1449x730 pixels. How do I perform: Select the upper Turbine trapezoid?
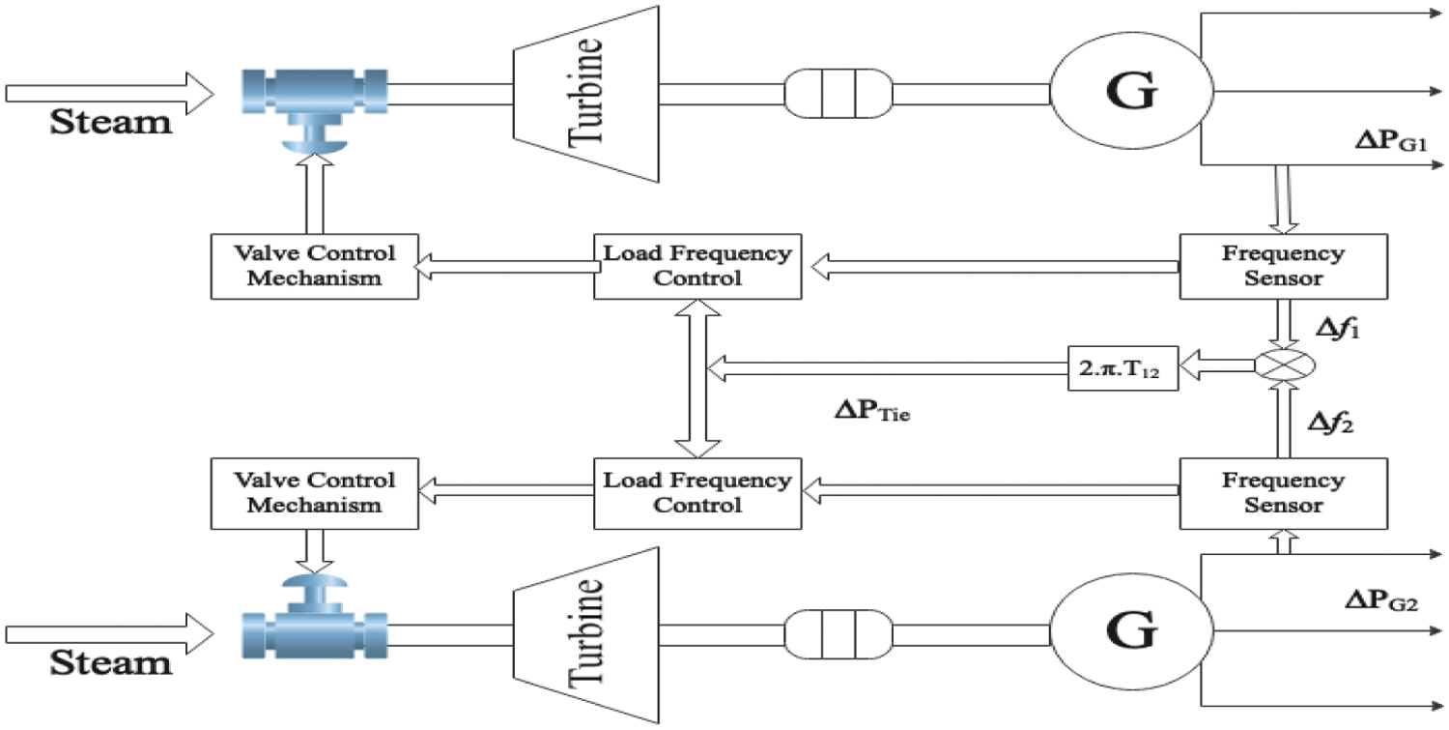pyautogui.click(x=586, y=94)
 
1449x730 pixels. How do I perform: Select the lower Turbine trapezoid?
pyautogui.click(x=586, y=635)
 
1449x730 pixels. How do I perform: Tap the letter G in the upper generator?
pyautogui.click(x=1131, y=91)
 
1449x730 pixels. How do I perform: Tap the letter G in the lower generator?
pyautogui.click(x=1131, y=630)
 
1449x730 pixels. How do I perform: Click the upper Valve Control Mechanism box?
pyautogui.click(x=314, y=266)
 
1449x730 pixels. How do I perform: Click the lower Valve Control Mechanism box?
pyautogui.click(x=314, y=493)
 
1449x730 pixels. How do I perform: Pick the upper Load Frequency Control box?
pyautogui.click(x=697, y=266)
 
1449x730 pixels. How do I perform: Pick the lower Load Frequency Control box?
pyautogui.click(x=697, y=493)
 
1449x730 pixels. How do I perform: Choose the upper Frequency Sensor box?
pyautogui.click(x=1284, y=266)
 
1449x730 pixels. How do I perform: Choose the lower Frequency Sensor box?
pyautogui.click(x=1284, y=493)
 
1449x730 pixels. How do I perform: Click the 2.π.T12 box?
pyautogui.click(x=1122, y=368)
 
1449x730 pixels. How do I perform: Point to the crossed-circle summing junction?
pyautogui.click(x=1285, y=365)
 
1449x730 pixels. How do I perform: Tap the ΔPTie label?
pyautogui.click(x=872, y=411)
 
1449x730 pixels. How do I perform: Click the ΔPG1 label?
pyautogui.click(x=1391, y=140)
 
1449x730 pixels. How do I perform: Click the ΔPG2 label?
pyautogui.click(x=1381, y=600)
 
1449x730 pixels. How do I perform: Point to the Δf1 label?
pyautogui.click(x=1338, y=329)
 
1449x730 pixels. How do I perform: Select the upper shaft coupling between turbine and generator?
pyautogui.click(x=838, y=94)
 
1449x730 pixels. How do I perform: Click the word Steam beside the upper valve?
pyautogui.click(x=111, y=122)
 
